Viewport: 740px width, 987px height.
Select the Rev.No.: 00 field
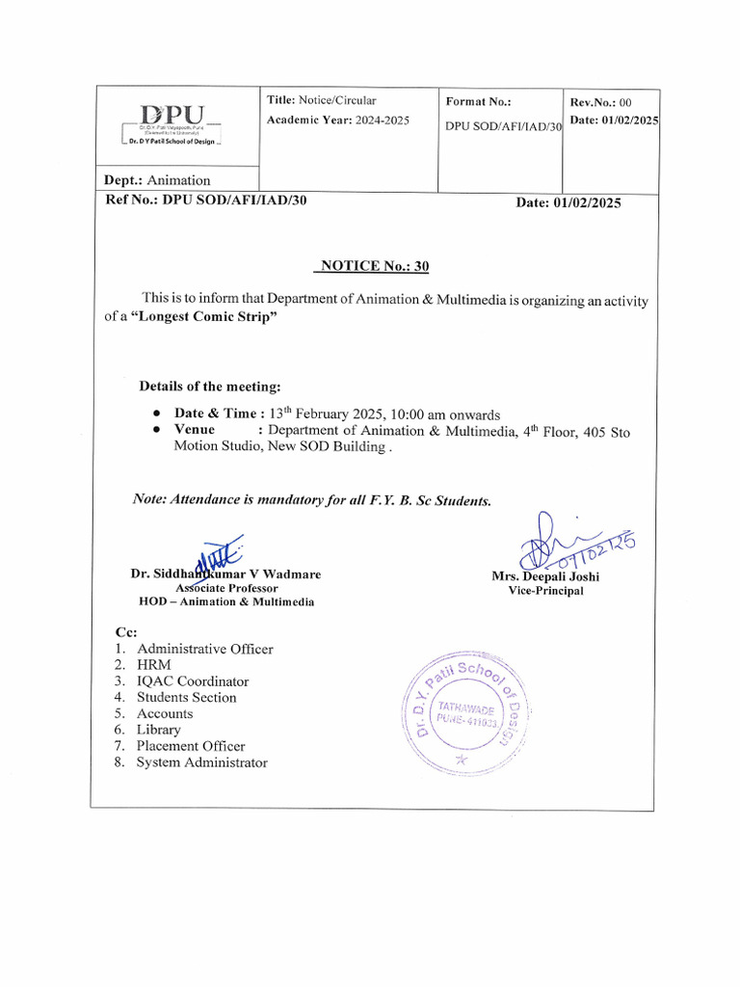pos(600,102)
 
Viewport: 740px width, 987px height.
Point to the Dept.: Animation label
pos(157,180)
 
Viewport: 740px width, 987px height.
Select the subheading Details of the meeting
pos(210,387)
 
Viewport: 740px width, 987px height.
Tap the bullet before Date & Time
pos(156,413)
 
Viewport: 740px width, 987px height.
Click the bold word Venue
pos(195,430)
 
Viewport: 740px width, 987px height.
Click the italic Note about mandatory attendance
pos(312,500)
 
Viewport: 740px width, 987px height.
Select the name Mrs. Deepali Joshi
pos(545,576)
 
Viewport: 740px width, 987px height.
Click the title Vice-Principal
pos(545,591)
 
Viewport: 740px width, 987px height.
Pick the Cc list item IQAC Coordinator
pos(192,681)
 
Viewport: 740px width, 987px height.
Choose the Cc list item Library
pos(158,730)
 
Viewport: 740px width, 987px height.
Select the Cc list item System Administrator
pos(201,762)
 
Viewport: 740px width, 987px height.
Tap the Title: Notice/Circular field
pos(321,100)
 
